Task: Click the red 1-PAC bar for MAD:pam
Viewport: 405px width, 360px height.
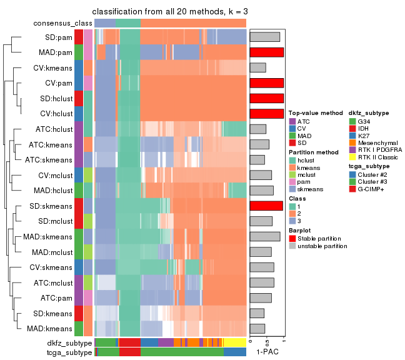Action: click(266, 52)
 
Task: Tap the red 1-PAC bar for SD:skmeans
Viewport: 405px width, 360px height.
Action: click(266, 206)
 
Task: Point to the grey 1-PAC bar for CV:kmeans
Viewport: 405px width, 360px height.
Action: click(257, 67)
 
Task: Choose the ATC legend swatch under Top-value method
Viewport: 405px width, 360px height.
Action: click(292, 121)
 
